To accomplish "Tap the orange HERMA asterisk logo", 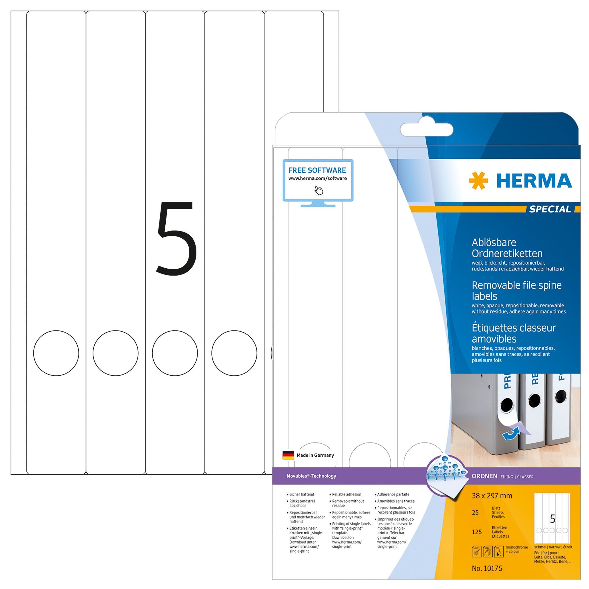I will [478, 181].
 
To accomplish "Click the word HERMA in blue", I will [534, 181].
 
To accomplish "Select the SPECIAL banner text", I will [550, 209].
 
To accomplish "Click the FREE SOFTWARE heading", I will [317, 170].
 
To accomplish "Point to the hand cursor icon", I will [319, 190].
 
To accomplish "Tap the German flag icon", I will [288, 455].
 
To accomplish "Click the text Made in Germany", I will [315, 455].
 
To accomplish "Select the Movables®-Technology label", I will [311, 476].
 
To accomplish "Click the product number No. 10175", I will [487, 568].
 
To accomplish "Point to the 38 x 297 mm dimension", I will [492, 496].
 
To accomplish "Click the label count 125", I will [477, 532].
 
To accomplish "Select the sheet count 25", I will [475, 512].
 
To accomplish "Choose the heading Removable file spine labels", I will [517, 290].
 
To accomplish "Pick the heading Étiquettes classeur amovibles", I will [514, 333].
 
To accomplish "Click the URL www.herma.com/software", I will [318, 178].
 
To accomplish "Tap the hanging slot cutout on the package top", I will [426, 130].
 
